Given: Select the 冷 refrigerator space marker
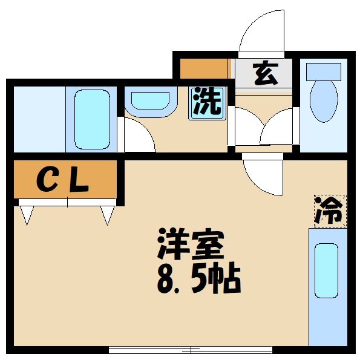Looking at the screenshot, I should (x=330, y=211).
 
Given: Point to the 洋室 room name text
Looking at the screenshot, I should (x=191, y=246).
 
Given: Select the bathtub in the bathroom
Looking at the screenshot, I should (x=92, y=119).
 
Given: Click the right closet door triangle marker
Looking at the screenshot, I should (x=108, y=214).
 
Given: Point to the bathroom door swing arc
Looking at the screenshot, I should (x=139, y=136).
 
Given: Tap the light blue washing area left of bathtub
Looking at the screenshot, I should (x=39, y=119).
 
